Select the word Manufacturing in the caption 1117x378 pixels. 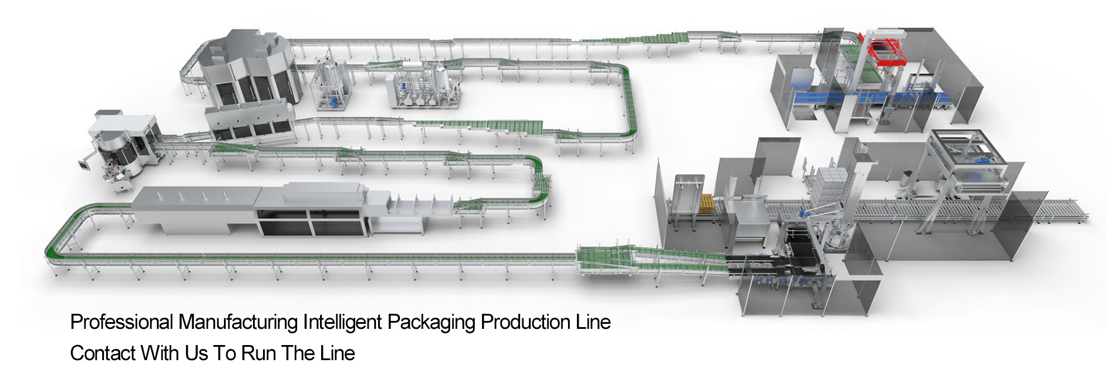point(238,322)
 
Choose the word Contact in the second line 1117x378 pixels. point(103,353)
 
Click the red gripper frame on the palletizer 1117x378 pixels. point(888,51)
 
